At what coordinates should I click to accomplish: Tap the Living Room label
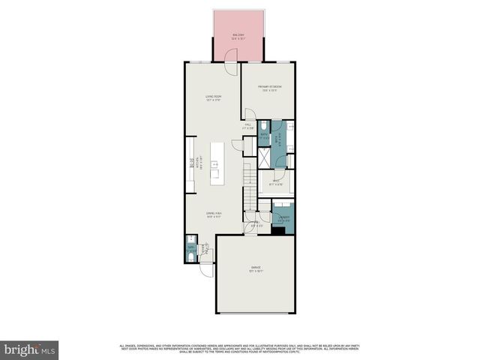pyautogui.click(x=213, y=97)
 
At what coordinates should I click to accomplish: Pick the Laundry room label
pyautogui.click(x=283, y=220)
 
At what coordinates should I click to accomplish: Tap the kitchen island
pyautogui.click(x=216, y=163)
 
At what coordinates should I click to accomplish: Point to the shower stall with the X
pyautogui.click(x=265, y=158)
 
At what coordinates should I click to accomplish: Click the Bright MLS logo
pyautogui.click(x=30, y=349)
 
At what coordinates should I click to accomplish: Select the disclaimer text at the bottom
pyautogui.click(x=240, y=347)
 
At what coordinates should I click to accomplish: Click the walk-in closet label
pyautogui.click(x=275, y=181)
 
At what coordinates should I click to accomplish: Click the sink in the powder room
pyautogui.click(x=190, y=246)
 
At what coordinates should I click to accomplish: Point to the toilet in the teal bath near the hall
pyautogui.click(x=265, y=126)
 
